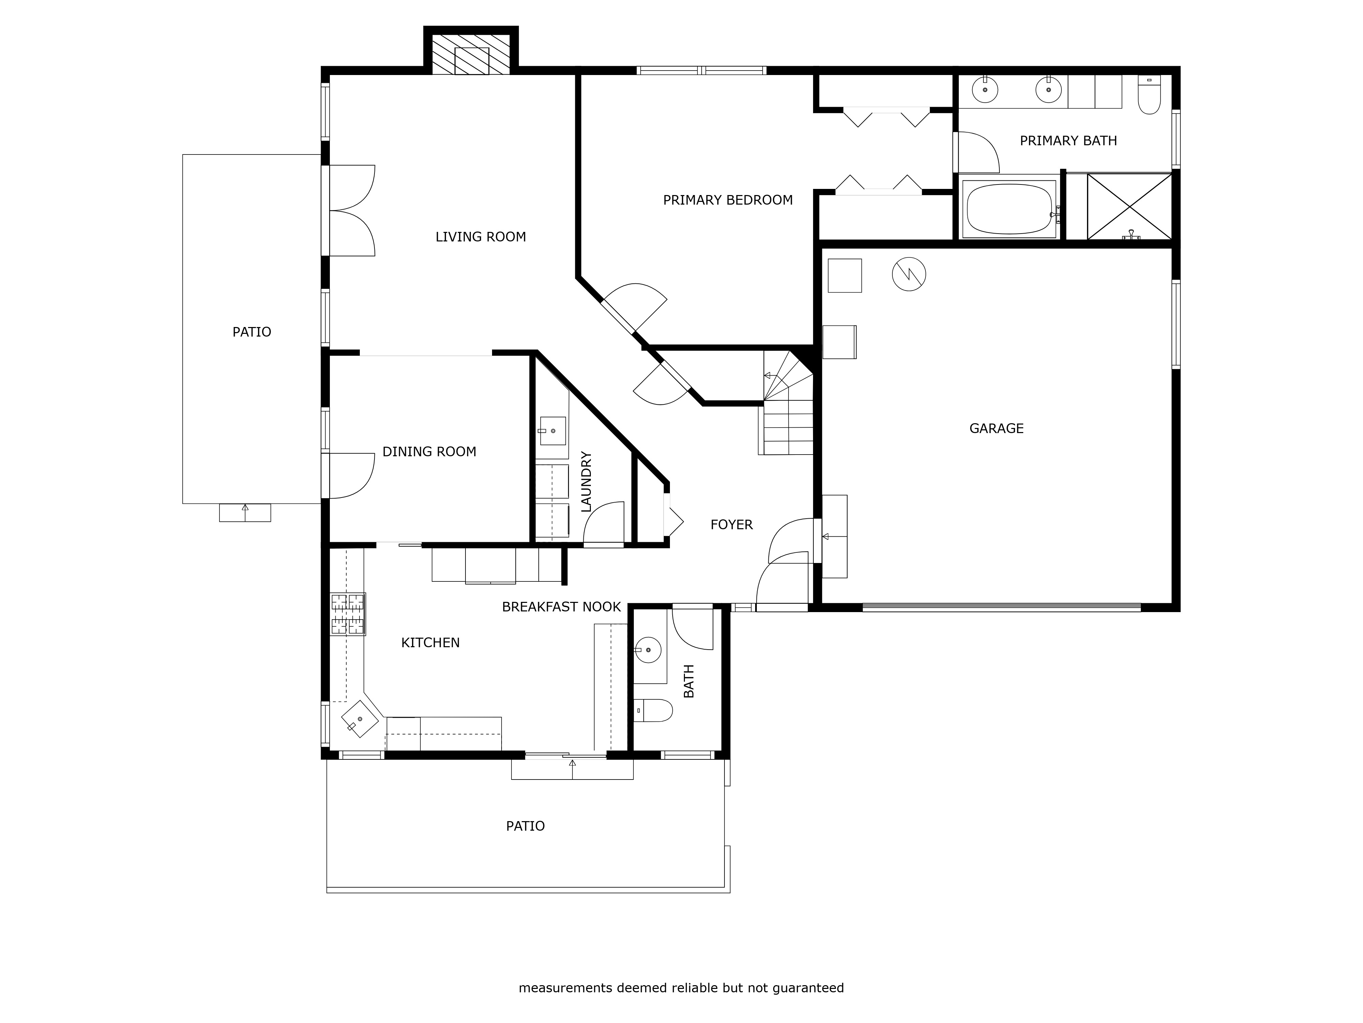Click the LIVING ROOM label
pyautogui.click(x=480, y=237)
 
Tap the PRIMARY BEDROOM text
pyautogui.click(x=728, y=200)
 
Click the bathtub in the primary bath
pyautogui.click(x=1009, y=209)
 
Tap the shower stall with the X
pyautogui.click(x=1130, y=207)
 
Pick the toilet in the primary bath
pyautogui.click(x=1149, y=95)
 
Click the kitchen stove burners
pyautogui.click(x=348, y=614)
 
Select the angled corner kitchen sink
pyautogui.click(x=360, y=719)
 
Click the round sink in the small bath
pyautogui.click(x=648, y=650)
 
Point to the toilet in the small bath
pyautogui.click(x=653, y=710)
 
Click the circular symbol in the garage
pyautogui.click(x=909, y=275)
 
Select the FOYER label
pyautogui.click(x=731, y=525)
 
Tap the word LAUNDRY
pyautogui.click(x=586, y=481)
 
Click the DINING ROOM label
pyautogui.click(x=429, y=452)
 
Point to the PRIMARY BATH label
pyautogui.click(x=1069, y=140)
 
